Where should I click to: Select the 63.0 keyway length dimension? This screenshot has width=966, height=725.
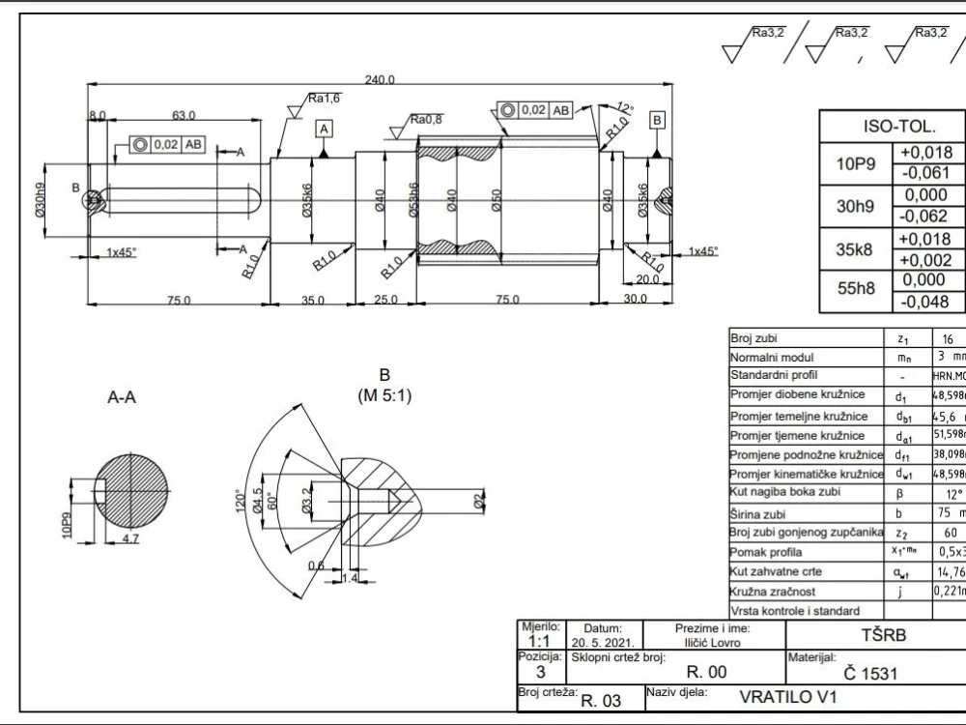[x=185, y=115]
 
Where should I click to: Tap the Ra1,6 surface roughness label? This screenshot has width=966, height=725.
[x=325, y=98]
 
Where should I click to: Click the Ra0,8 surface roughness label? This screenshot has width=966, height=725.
[x=426, y=120]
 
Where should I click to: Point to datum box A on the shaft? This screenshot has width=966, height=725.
[x=325, y=129]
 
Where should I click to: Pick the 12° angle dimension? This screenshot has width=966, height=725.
[x=625, y=107]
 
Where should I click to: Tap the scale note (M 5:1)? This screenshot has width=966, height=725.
[x=384, y=395]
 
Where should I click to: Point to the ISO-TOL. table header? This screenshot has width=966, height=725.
[x=892, y=127]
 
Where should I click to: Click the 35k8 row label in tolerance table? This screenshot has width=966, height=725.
[x=853, y=248]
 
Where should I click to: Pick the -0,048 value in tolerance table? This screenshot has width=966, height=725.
[x=926, y=301]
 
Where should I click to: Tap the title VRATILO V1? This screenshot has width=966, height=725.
[x=788, y=696]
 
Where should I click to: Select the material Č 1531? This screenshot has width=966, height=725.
[x=870, y=673]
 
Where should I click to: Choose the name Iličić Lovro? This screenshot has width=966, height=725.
[x=713, y=641]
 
